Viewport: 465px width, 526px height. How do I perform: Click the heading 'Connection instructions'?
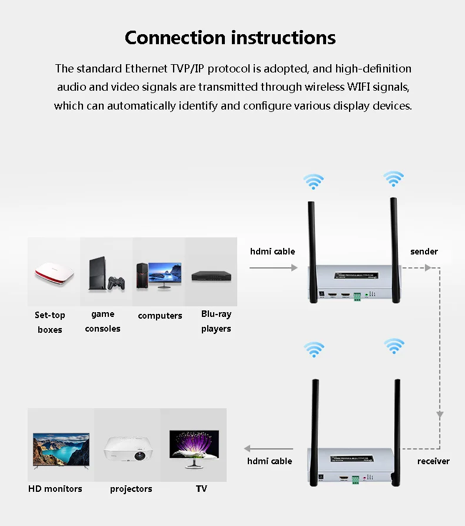pos(230,38)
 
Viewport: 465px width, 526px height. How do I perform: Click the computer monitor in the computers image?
pos(165,274)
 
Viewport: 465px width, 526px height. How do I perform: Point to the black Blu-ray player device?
pos(210,275)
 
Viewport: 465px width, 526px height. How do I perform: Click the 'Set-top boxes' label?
pos(50,322)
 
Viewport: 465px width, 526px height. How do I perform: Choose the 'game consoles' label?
pos(102,322)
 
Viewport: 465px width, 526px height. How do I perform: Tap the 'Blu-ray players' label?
pos(216,322)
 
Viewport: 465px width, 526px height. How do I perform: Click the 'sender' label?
pos(424,252)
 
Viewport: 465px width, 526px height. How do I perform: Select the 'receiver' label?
pos(433,461)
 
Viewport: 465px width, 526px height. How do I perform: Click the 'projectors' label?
pos(131,489)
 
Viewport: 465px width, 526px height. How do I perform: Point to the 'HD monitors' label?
pos(55,489)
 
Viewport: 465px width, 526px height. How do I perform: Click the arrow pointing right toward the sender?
pos(274,268)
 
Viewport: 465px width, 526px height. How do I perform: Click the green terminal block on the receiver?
pos(355,479)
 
